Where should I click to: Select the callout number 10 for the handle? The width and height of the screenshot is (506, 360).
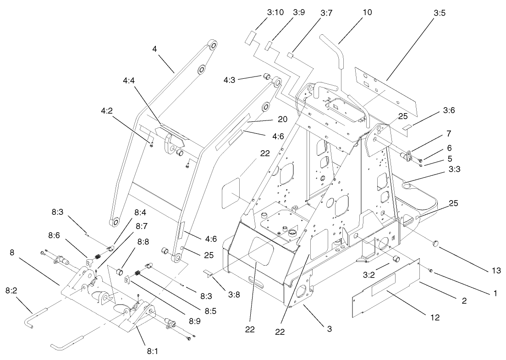367,12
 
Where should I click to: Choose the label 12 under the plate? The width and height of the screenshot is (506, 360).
435,317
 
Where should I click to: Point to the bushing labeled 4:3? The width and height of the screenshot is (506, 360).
266,75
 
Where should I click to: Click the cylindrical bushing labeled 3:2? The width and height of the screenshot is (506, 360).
395,259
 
